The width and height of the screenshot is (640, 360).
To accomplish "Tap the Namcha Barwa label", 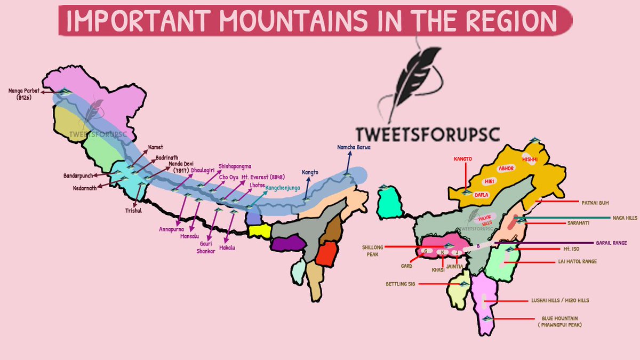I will tap(353, 147).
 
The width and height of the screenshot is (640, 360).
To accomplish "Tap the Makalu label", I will tap(227, 247).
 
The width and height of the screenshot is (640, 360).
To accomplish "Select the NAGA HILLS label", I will tap(623, 218).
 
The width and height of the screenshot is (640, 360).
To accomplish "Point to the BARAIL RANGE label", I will tap(612, 242).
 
